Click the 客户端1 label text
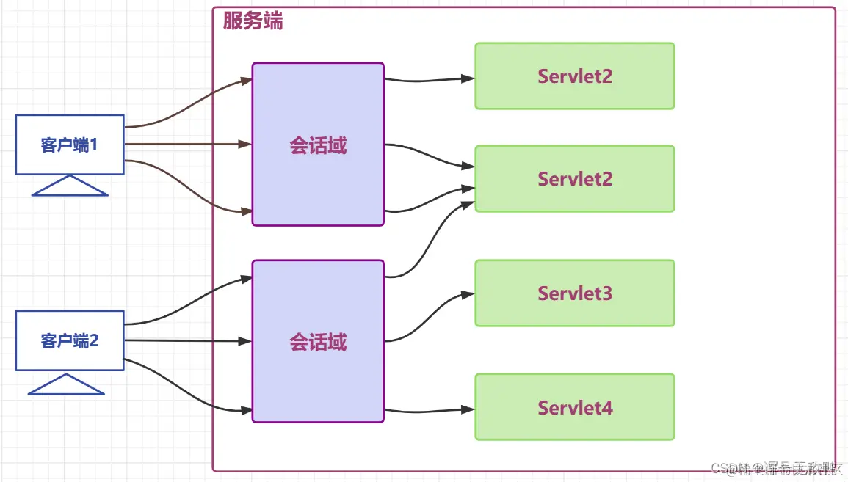(x=70, y=145)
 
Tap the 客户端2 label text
(x=70, y=341)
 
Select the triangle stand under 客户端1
(x=70, y=187)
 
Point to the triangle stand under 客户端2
(x=66, y=385)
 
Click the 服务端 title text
(x=253, y=21)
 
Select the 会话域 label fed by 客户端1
(x=318, y=146)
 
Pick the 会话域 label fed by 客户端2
(x=318, y=342)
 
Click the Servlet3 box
(x=574, y=293)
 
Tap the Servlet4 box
(x=574, y=407)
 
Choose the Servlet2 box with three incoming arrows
(x=574, y=179)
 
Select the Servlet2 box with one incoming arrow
(x=574, y=76)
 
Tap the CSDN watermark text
(x=778, y=468)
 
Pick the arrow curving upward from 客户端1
(x=187, y=103)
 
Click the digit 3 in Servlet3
(x=606, y=293)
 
